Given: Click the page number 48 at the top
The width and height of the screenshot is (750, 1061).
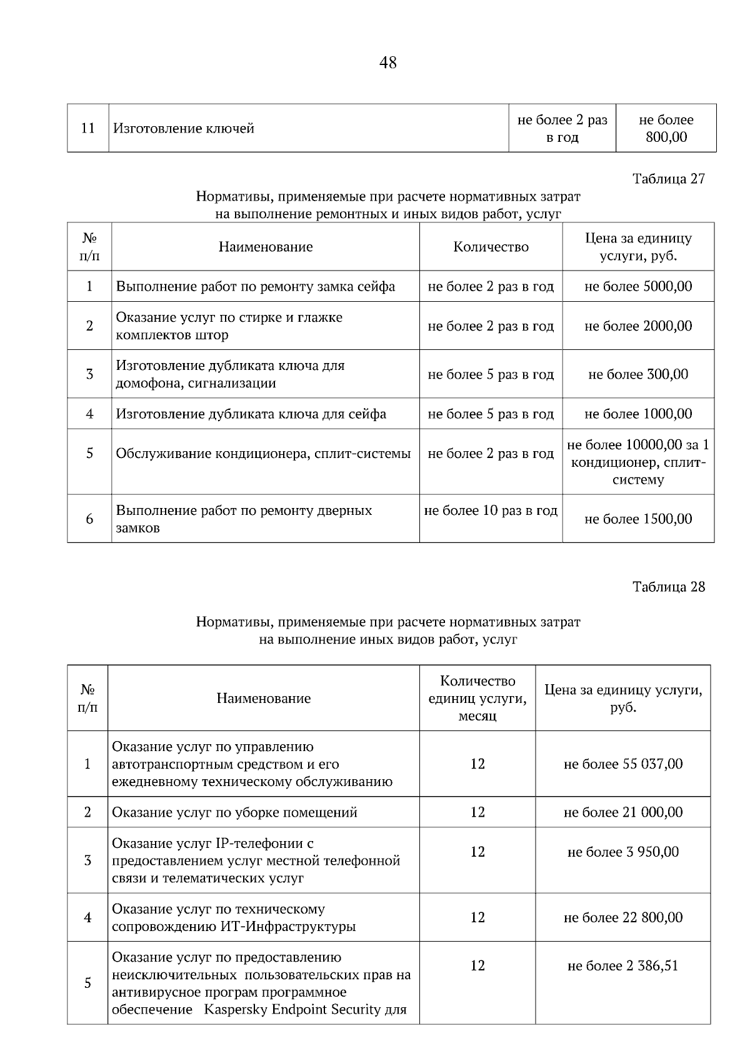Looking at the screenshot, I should click(x=387, y=62).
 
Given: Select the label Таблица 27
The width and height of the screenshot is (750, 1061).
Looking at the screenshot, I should click(x=668, y=179).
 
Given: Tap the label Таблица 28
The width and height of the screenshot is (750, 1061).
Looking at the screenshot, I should click(x=668, y=587).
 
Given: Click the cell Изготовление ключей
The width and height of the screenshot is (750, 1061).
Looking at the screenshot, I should click(x=184, y=129).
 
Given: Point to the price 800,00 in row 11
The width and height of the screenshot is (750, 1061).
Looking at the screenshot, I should click(x=666, y=137).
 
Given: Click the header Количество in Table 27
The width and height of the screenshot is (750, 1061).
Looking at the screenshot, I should click(x=491, y=247).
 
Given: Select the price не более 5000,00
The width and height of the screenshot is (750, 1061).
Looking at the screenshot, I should click(x=638, y=287).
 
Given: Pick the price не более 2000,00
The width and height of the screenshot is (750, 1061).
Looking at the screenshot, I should click(x=638, y=326).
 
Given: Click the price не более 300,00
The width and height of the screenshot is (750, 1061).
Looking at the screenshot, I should click(x=638, y=374).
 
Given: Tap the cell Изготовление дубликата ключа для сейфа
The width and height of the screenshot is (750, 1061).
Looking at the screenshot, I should click(x=251, y=414).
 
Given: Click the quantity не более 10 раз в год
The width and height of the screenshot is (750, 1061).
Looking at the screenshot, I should click(x=491, y=511).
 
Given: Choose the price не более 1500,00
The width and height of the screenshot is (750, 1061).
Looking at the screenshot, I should click(x=638, y=519).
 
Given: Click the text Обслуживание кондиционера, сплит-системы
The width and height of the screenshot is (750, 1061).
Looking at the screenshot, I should click(x=263, y=454).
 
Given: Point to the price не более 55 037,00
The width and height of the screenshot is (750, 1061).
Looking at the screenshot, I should click(x=623, y=764).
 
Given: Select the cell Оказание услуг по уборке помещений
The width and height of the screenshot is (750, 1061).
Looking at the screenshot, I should click(x=234, y=812).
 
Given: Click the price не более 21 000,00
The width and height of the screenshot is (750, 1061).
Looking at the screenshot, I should click(x=623, y=812).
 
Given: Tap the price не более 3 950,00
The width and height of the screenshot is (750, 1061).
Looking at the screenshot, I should click(x=623, y=852).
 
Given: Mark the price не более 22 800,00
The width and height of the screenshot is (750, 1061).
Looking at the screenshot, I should click(x=623, y=918).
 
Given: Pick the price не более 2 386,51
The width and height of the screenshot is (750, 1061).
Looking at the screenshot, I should click(x=623, y=966).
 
